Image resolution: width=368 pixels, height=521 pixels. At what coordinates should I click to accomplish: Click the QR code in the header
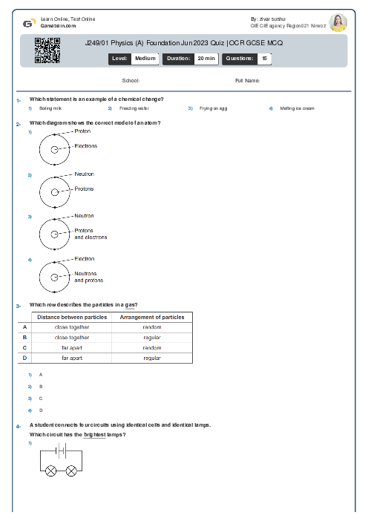click(x=47, y=50)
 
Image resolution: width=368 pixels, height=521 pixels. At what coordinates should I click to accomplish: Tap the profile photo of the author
click(x=338, y=23)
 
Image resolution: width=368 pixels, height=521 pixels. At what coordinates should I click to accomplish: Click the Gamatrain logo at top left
click(x=27, y=23)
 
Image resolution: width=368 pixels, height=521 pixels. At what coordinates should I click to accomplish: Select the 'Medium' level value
click(x=145, y=58)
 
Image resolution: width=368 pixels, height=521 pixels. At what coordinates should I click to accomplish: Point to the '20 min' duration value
click(x=206, y=58)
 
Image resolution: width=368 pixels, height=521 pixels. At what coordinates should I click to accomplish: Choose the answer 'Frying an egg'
click(x=214, y=108)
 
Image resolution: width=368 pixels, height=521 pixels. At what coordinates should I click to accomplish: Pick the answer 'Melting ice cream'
click(x=297, y=108)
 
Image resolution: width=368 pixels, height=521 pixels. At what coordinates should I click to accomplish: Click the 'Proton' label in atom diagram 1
click(x=83, y=131)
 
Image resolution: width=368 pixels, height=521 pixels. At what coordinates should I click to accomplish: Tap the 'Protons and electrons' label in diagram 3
click(x=91, y=234)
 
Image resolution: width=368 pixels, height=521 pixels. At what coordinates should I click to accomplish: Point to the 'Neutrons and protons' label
click(x=89, y=277)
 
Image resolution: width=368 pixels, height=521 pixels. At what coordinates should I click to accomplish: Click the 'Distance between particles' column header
click(x=72, y=317)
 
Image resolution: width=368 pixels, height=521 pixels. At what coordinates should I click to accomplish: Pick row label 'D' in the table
click(x=24, y=358)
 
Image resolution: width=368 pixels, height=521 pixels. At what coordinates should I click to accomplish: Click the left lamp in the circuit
click(x=52, y=471)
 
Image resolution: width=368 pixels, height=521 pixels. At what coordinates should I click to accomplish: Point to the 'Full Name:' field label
click(x=247, y=80)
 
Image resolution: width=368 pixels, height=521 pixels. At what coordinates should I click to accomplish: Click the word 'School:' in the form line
click(x=131, y=80)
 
